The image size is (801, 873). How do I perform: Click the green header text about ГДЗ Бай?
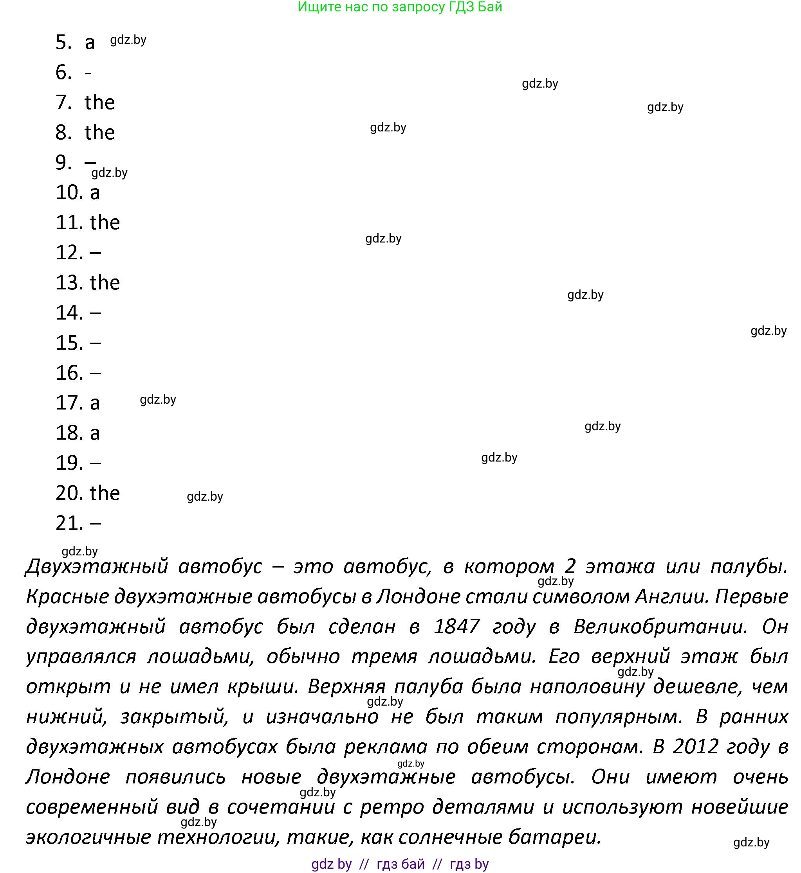pyautogui.click(x=400, y=7)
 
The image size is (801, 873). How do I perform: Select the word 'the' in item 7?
pyautogui.click(x=100, y=102)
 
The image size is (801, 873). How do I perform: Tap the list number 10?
pyautogui.click(x=69, y=193)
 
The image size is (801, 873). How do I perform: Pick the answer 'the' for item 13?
pyautogui.click(x=105, y=283)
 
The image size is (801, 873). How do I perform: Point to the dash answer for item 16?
pyautogui.click(x=96, y=373)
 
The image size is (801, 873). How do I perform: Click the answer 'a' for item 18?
pyautogui.click(x=95, y=433)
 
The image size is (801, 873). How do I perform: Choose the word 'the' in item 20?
pyautogui.click(x=105, y=493)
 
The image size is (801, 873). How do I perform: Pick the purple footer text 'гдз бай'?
pyautogui.click(x=400, y=864)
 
